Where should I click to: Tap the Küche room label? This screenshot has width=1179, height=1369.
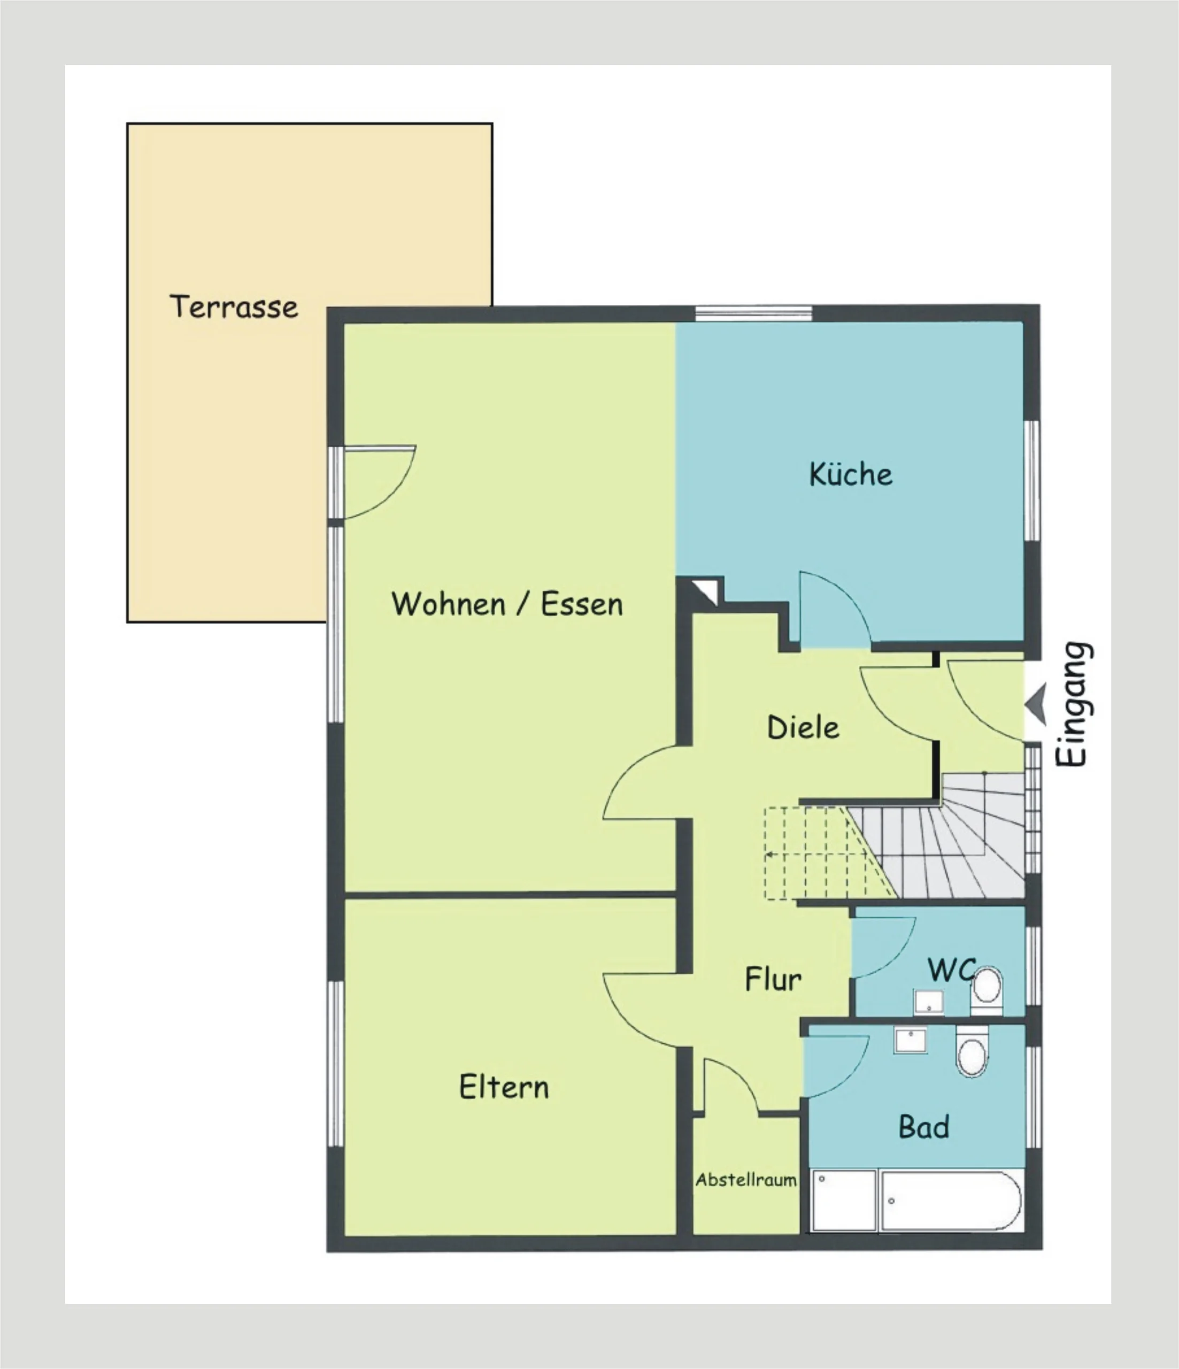pos(851,474)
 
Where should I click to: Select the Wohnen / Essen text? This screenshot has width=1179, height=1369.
pos(507,604)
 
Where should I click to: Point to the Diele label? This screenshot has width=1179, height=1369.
pos(803,727)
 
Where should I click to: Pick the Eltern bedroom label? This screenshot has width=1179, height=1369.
pos(504,1087)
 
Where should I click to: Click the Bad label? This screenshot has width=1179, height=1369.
pos(924,1127)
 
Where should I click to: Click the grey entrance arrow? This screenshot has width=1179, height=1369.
pos(1037,704)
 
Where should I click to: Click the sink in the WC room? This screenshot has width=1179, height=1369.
pos(929,1002)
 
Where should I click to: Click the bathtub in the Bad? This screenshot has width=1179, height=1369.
pos(952,1201)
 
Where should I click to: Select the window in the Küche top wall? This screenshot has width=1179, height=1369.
pos(753,313)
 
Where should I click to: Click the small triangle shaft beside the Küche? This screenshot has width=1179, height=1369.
pos(707,590)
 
